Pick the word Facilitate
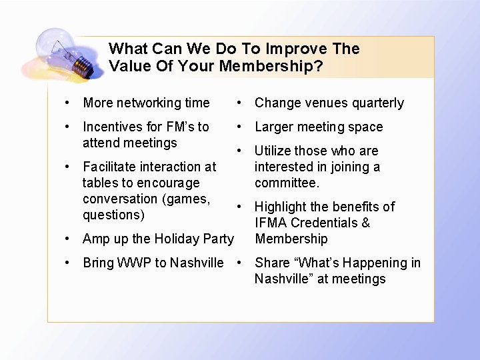coord(107,167)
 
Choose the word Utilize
coord(273,151)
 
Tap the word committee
coord(287,183)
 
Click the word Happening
coord(372,263)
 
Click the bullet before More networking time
coord(68,103)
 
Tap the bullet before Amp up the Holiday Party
coord(68,239)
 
